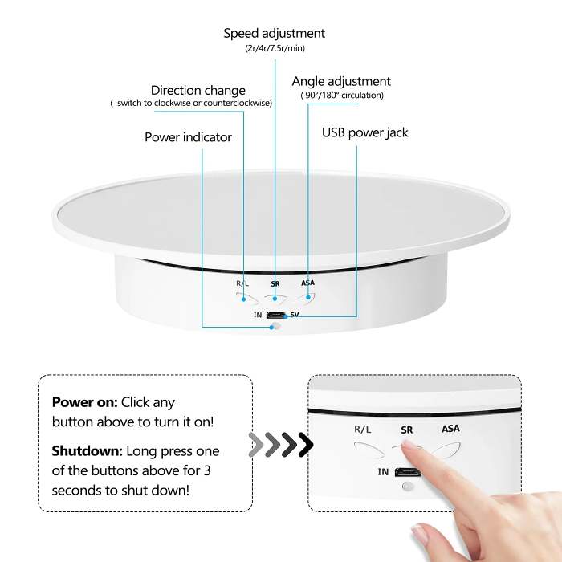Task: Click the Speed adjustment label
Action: click(x=274, y=34)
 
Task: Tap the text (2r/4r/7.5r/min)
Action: click(x=275, y=49)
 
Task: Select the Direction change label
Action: click(x=198, y=90)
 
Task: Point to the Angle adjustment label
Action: click(x=341, y=81)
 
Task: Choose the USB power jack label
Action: click(x=365, y=132)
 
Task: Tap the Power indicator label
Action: click(x=188, y=137)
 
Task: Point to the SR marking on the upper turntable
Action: click(x=275, y=284)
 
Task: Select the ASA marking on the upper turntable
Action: click(x=307, y=283)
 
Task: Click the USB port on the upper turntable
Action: click(x=275, y=315)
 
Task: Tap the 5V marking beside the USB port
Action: click(x=294, y=315)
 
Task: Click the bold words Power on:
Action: click(x=85, y=402)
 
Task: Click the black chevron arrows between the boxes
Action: click(x=280, y=444)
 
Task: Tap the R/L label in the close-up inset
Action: click(x=364, y=430)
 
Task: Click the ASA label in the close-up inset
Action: click(x=451, y=429)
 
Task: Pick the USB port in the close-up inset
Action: click(x=409, y=471)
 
